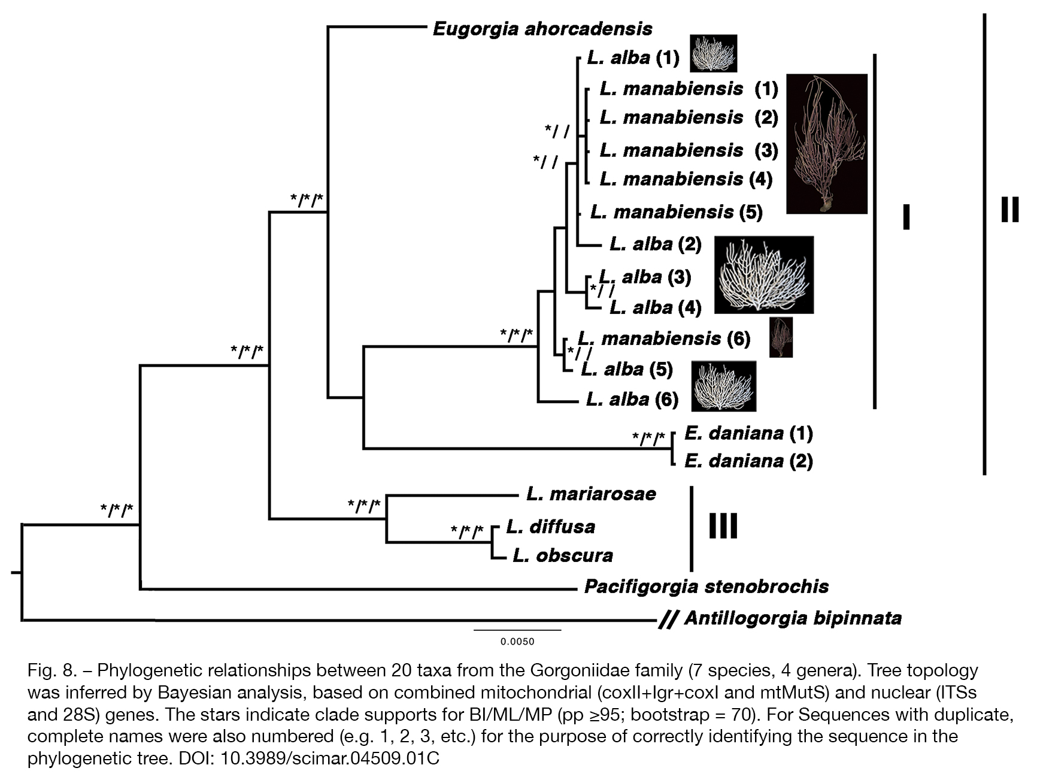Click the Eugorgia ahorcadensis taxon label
542,29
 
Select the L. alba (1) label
633,58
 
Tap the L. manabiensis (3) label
689,150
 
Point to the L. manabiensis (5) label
677,211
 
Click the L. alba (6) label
632,399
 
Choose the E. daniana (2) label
749,461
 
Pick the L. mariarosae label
592,494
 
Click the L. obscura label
563,555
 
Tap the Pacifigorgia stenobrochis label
707,586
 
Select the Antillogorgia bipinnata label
793,618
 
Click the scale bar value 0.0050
517,642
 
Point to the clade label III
723,526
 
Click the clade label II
1010,210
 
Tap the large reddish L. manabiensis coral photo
827,144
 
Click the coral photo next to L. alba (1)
714,53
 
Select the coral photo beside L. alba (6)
724,386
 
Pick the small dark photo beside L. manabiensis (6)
781,337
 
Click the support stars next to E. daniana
649,439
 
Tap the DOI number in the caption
330,758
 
